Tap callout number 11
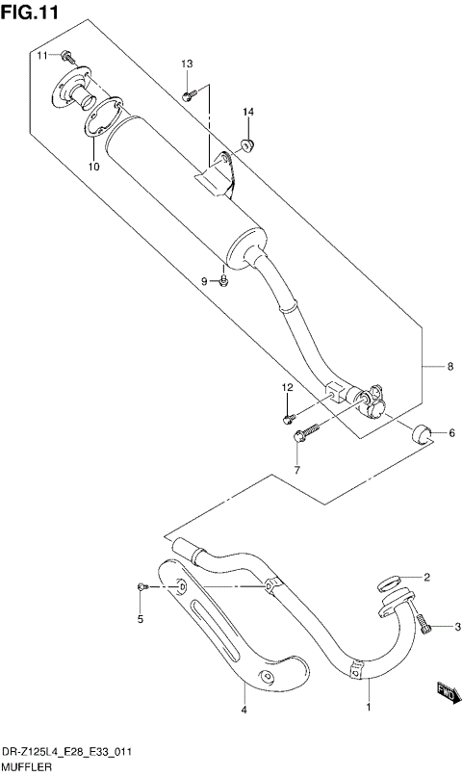43,57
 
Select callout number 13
187,64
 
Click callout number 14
247,113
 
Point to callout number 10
93,167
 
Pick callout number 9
204,280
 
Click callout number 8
449,366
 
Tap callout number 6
450,434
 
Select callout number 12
286,387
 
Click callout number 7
296,471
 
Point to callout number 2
427,578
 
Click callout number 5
140,619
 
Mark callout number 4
244,711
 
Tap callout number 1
367,711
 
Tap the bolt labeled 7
302,436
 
